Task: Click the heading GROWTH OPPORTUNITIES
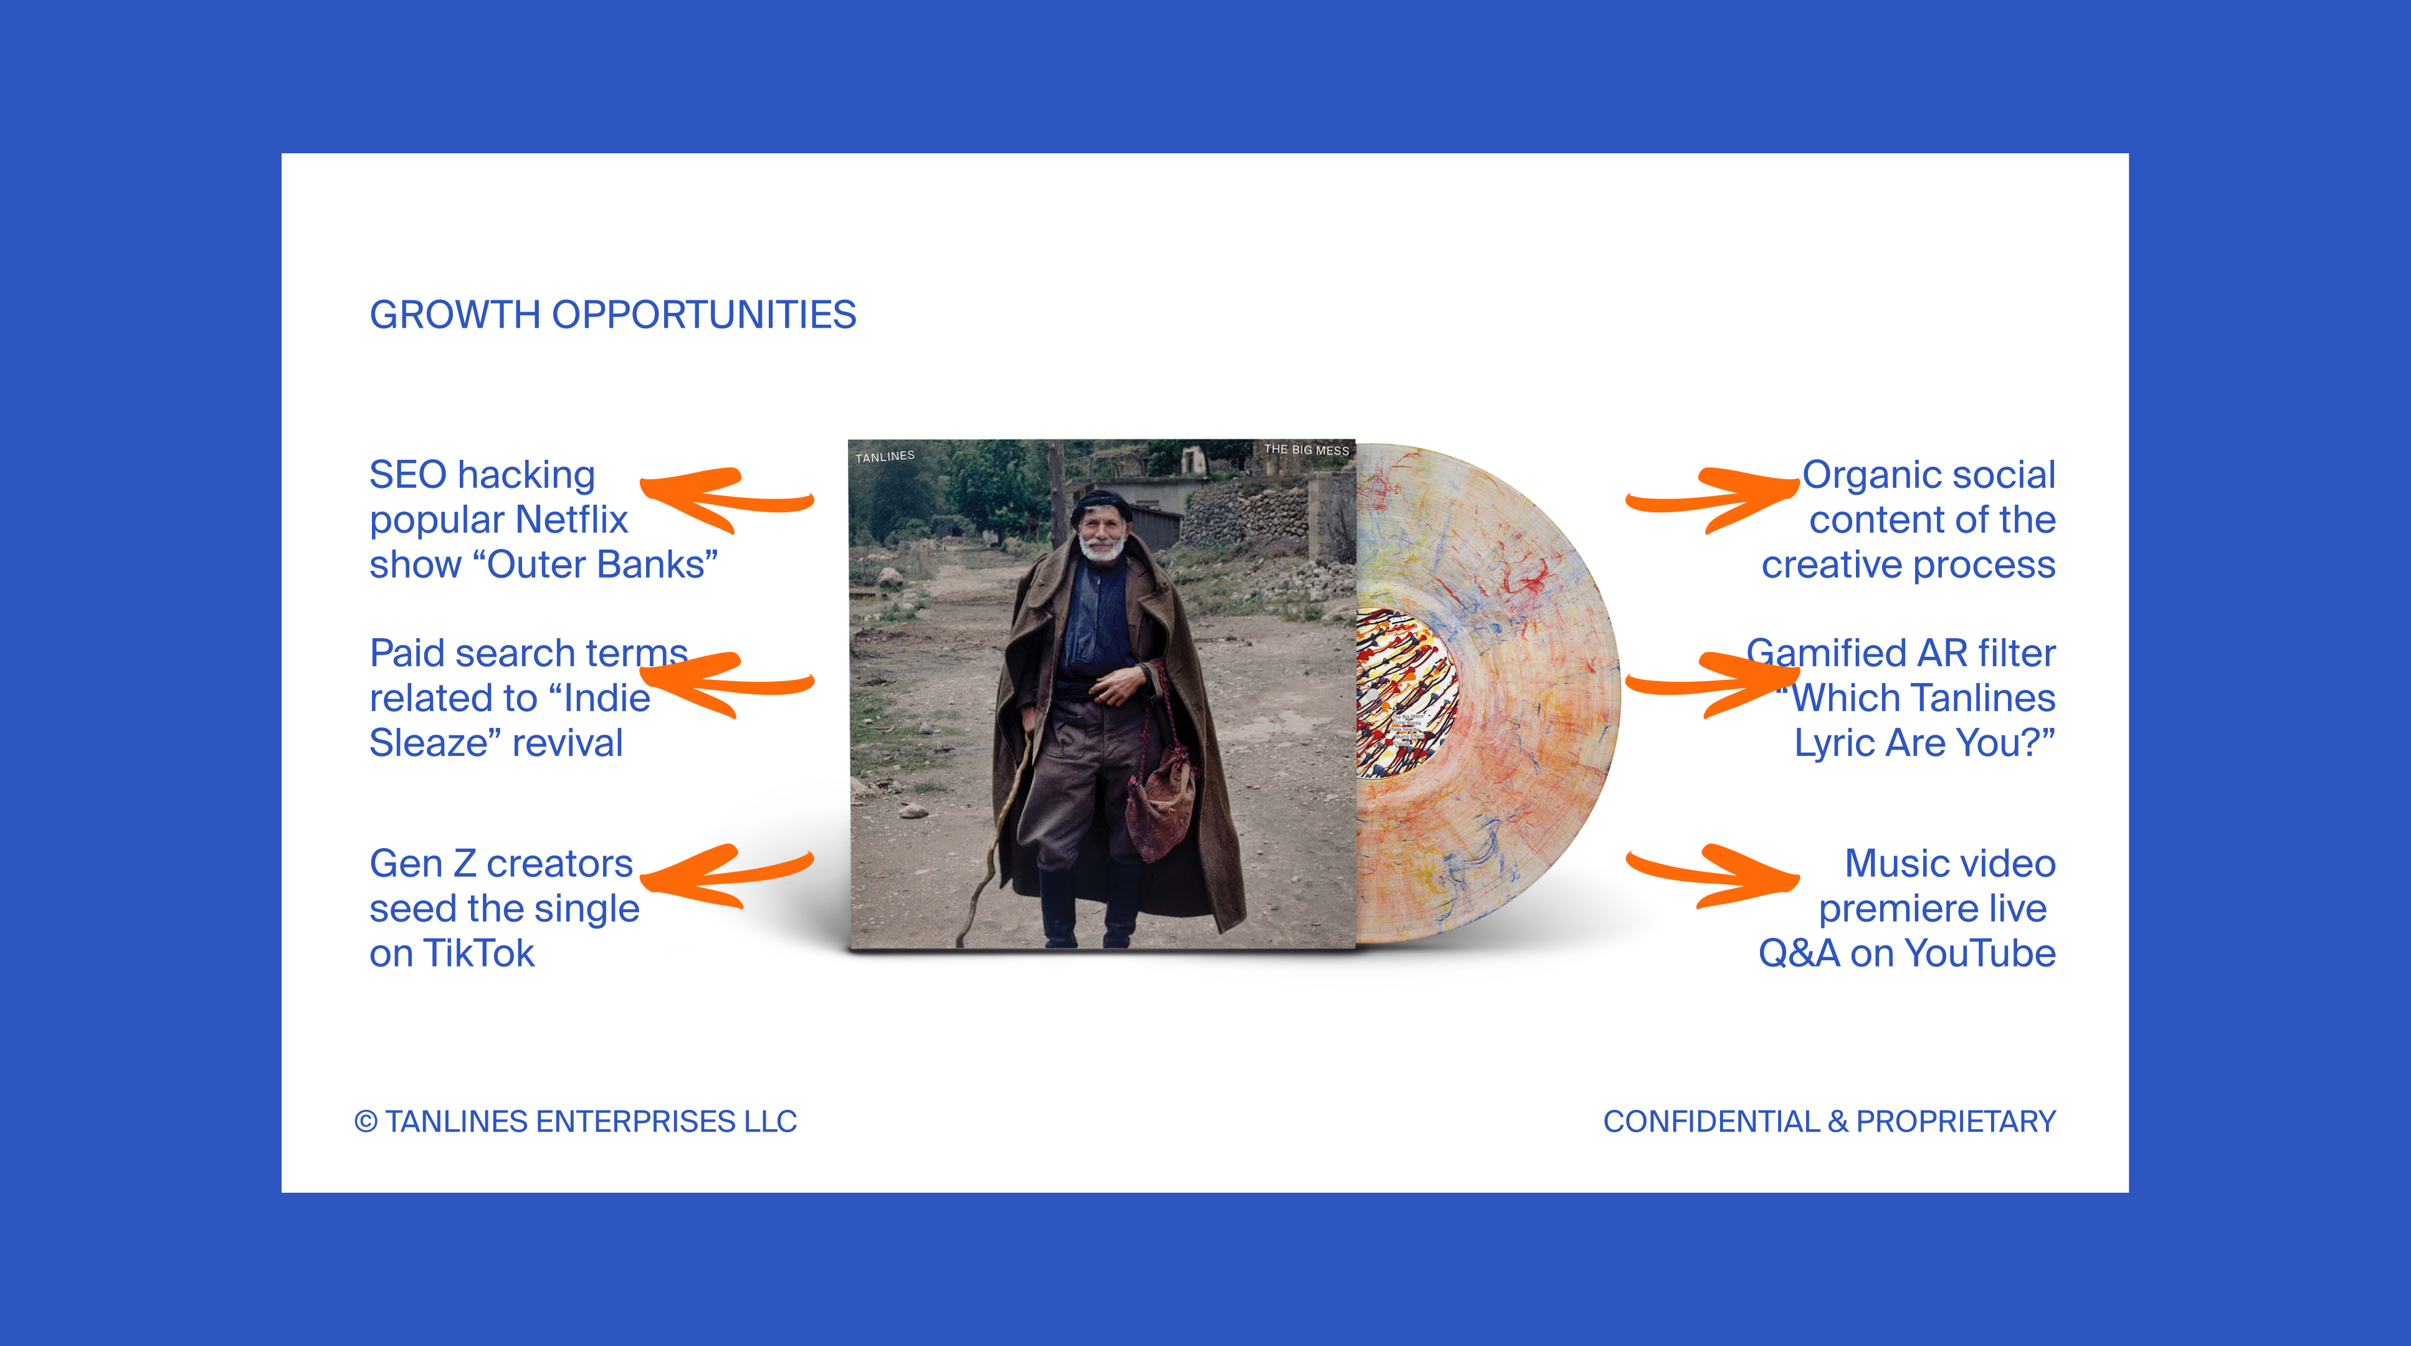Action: click(612, 315)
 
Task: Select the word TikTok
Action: click(478, 954)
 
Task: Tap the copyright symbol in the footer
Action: click(366, 1121)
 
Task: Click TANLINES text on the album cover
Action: click(885, 457)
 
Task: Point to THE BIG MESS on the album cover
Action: click(1306, 451)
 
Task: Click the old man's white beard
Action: click(1101, 548)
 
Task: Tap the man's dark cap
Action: click(1101, 504)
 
